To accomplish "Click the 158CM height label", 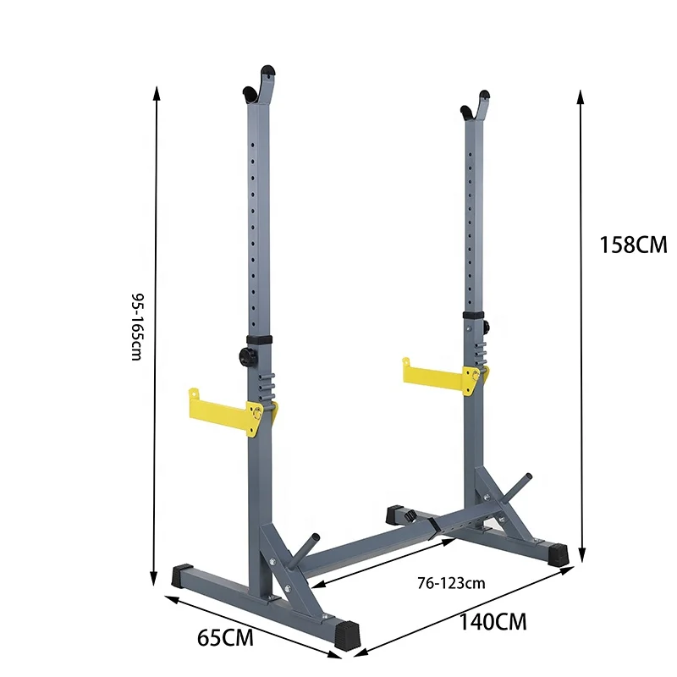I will tap(633, 245).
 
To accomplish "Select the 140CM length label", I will tap(493, 623).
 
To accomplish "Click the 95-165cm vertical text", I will tap(137, 327).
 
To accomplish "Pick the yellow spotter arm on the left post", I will tap(222, 410).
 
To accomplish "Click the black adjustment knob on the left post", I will tap(246, 356).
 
